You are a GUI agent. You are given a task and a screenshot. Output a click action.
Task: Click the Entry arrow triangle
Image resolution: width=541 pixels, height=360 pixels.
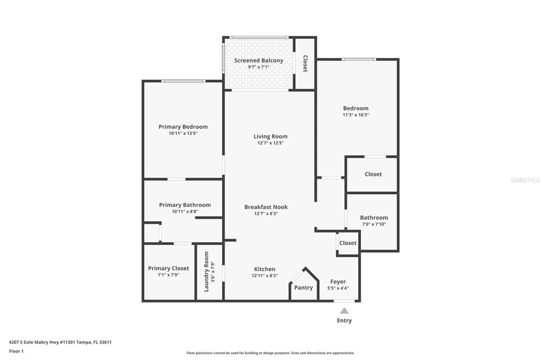click(344, 311)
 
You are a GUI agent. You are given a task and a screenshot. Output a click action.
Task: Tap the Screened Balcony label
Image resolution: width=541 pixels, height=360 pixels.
click(259, 60)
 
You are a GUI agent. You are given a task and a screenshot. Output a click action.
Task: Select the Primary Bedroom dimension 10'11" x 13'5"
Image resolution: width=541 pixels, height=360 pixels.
click(183, 134)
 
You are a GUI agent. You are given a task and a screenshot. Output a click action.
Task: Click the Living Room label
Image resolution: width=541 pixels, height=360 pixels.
click(270, 137)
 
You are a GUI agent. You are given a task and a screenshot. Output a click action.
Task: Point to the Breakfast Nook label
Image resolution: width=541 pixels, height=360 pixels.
click(266, 207)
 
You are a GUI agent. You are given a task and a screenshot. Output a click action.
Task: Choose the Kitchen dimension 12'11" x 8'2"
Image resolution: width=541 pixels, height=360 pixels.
click(265, 276)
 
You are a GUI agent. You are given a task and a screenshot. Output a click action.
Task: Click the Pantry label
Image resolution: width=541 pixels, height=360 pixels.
click(304, 288)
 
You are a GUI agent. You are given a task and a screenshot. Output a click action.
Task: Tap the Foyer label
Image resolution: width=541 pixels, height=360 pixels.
click(338, 282)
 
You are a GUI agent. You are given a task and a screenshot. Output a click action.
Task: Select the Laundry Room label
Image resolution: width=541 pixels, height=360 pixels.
click(207, 272)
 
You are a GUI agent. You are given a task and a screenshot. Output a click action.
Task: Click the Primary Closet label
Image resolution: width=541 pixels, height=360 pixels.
click(169, 268)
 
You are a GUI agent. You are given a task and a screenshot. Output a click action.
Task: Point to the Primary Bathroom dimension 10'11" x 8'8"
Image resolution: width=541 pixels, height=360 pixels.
click(185, 212)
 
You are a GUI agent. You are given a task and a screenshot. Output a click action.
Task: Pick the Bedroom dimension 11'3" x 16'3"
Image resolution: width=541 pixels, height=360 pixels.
click(356, 115)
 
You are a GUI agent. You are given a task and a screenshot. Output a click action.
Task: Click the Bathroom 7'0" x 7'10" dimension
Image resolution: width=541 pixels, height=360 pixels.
click(374, 224)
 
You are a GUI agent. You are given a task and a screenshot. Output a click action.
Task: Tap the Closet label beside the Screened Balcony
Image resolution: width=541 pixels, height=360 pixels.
click(305, 64)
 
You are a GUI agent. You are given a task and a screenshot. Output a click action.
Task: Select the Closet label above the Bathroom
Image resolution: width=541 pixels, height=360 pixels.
click(374, 174)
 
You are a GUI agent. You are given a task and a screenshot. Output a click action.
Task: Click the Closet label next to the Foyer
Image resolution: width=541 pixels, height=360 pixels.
click(348, 243)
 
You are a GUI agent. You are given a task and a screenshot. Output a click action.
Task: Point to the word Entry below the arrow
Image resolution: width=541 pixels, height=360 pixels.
click(344, 320)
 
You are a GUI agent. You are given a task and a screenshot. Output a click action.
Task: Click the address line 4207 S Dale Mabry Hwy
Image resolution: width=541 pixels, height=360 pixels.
click(60, 343)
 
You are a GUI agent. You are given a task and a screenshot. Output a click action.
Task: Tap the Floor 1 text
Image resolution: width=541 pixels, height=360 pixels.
click(16, 352)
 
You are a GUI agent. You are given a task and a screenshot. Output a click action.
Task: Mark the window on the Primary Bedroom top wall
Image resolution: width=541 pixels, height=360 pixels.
click(183, 81)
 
